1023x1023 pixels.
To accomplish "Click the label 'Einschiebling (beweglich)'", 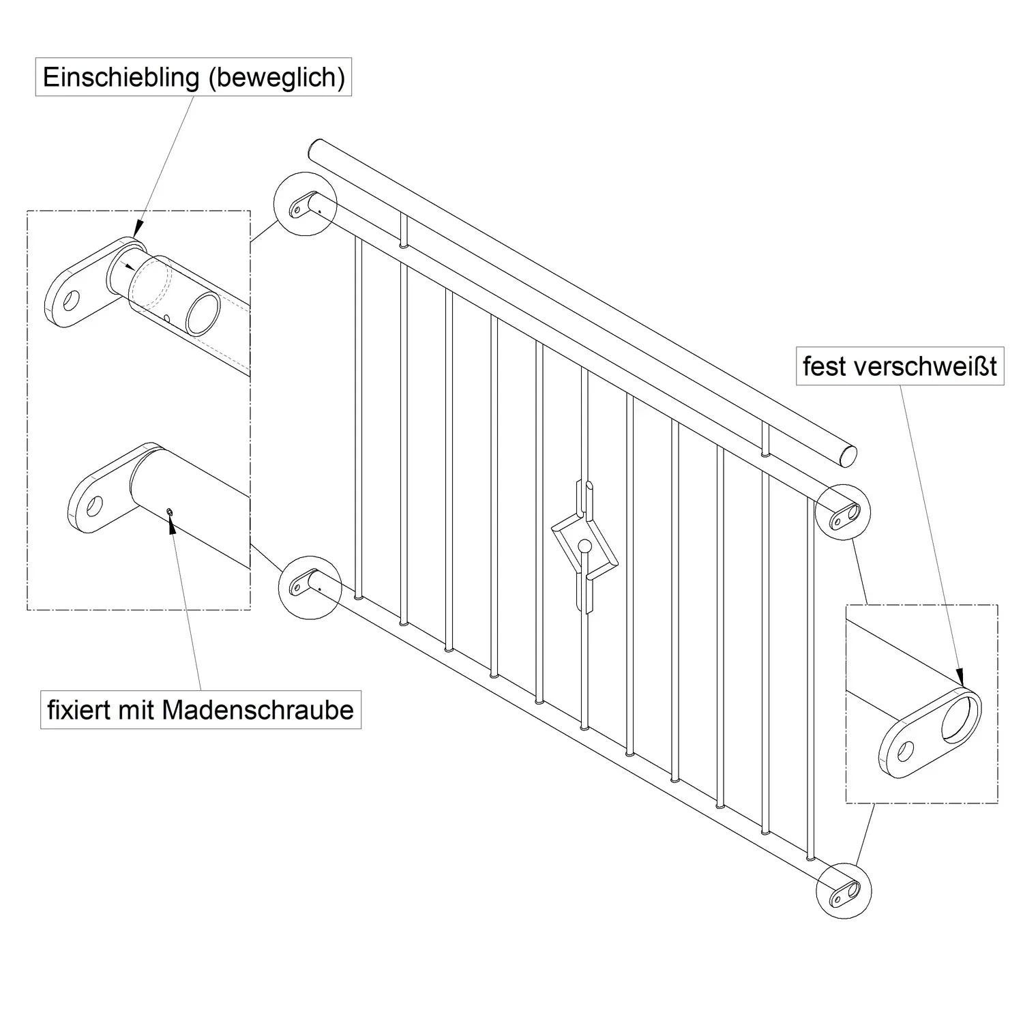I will (194, 77).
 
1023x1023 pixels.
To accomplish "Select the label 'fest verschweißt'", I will (900, 367).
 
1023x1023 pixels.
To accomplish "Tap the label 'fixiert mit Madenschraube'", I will (201, 710).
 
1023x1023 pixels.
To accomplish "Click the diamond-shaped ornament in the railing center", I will (585, 546).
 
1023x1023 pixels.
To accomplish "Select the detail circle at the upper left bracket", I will (304, 203).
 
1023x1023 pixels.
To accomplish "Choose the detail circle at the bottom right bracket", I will (844, 891).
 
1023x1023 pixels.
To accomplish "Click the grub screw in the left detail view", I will (169, 512).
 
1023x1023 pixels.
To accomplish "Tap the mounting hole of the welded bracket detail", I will (905, 751).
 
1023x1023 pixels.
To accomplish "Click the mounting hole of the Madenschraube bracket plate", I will (93, 506).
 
